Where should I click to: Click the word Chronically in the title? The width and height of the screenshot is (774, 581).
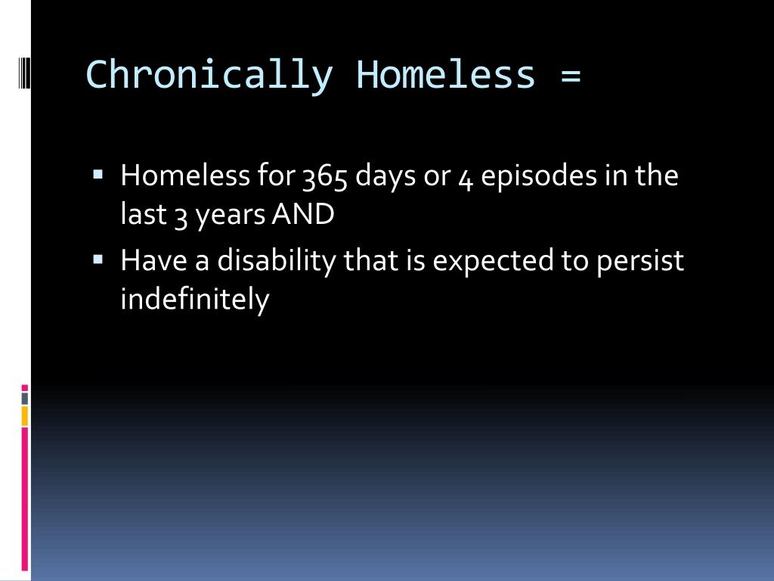pyautogui.click(x=209, y=75)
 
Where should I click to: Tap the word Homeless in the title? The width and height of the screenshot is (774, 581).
pyautogui.click(x=446, y=75)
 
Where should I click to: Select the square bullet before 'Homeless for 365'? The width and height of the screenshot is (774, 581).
pyautogui.click(x=98, y=174)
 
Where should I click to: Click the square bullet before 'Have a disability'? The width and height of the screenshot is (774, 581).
pyautogui.click(x=98, y=259)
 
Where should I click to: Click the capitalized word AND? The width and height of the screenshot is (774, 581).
pyautogui.click(x=303, y=215)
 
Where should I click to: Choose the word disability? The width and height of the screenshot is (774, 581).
pyautogui.click(x=278, y=262)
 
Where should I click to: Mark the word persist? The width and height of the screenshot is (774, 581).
pyautogui.click(x=640, y=262)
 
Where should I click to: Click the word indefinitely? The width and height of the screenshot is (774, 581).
pyautogui.click(x=195, y=300)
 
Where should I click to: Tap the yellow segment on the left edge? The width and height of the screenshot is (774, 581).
pyautogui.click(x=25, y=415)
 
